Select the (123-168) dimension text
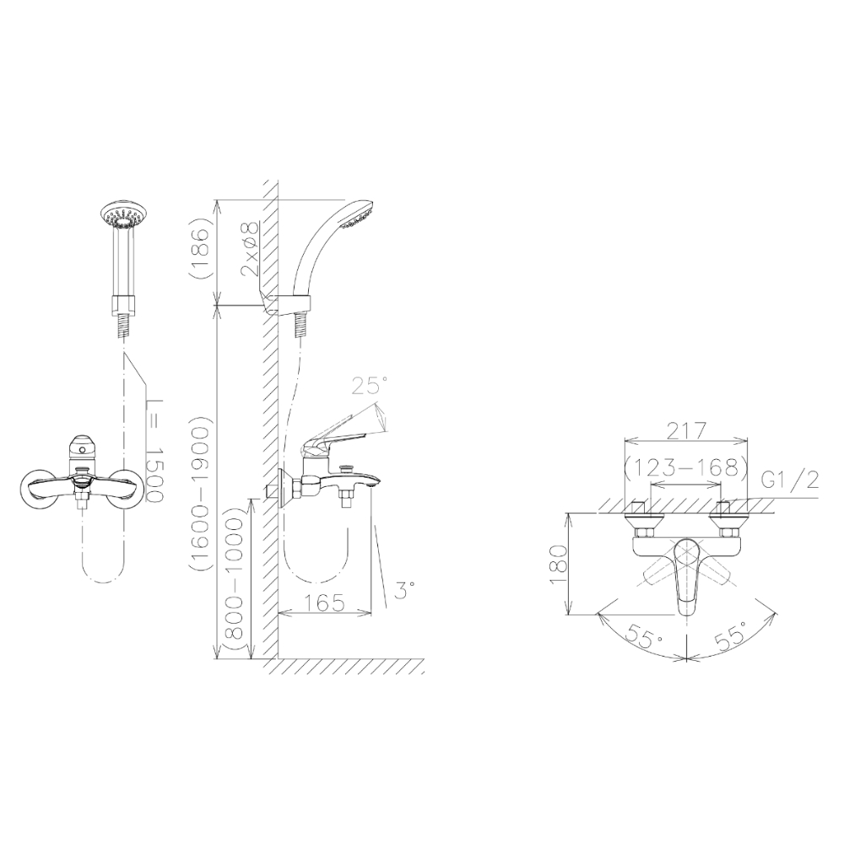click(x=686, y=468)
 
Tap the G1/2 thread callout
click(x=792, y=479)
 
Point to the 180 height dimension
click(x=558, y=565)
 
